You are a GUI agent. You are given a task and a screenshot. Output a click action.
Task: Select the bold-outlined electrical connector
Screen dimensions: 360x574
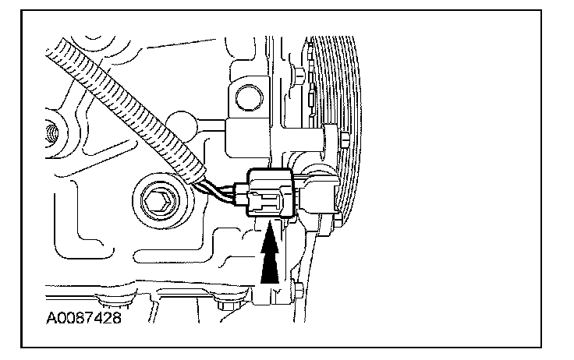coord(269,192)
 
